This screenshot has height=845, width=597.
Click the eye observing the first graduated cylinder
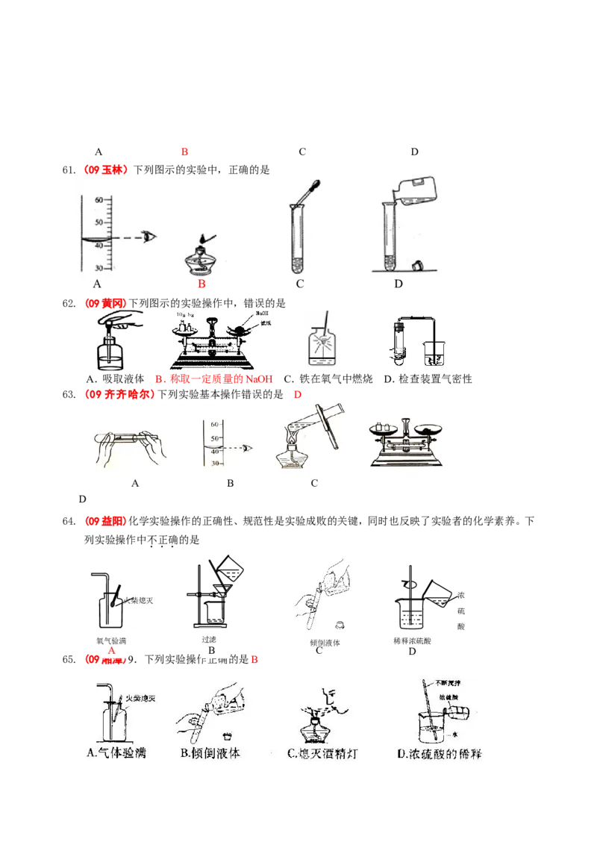click(x=151, y=237)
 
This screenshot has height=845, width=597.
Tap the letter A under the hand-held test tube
click(x=135, y=483)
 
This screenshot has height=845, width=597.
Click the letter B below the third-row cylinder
click(x=231, y=483)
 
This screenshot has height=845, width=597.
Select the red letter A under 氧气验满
click(x=111, y=650)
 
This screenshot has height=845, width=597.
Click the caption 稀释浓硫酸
click(x=411, y=640)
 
